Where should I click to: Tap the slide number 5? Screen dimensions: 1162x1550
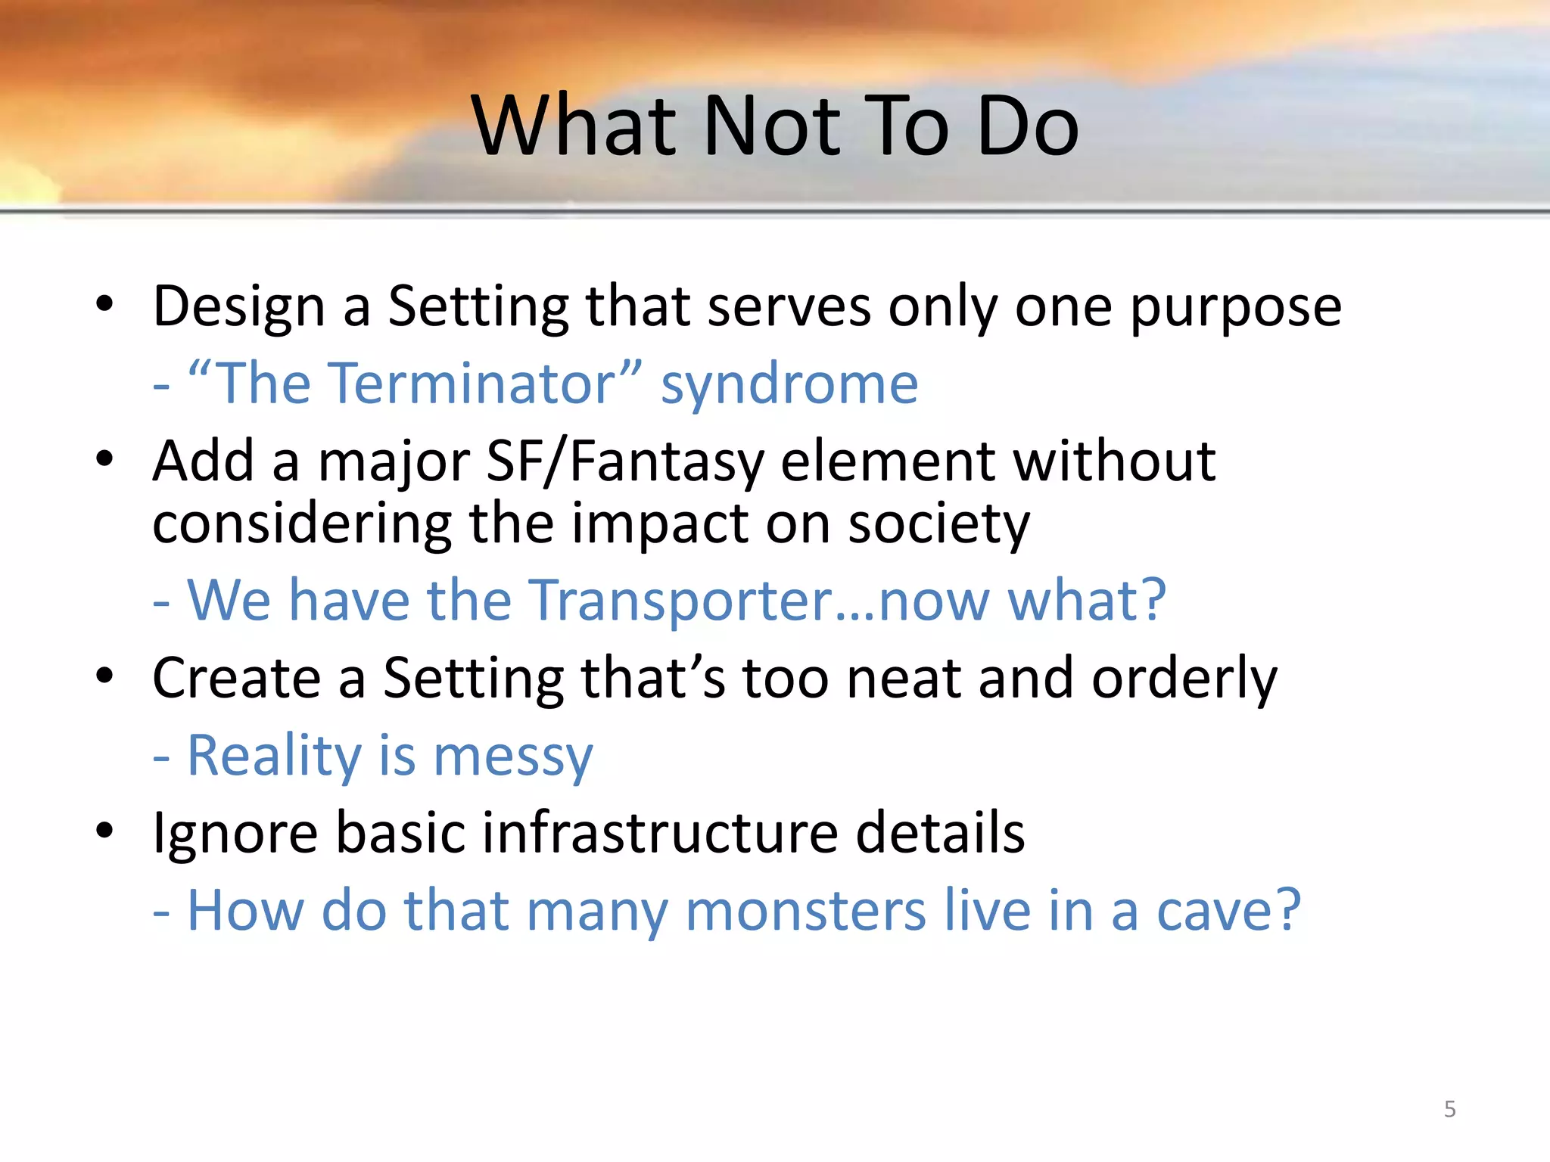pos(1449,1109)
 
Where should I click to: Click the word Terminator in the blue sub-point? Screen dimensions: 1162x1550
pos(416,384)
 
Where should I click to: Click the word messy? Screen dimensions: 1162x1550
pos(513,757)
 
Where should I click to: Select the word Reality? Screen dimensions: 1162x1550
pos(274,757)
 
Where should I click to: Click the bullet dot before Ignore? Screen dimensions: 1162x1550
pos(104,831)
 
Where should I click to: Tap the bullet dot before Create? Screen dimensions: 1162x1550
pos(104,676)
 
